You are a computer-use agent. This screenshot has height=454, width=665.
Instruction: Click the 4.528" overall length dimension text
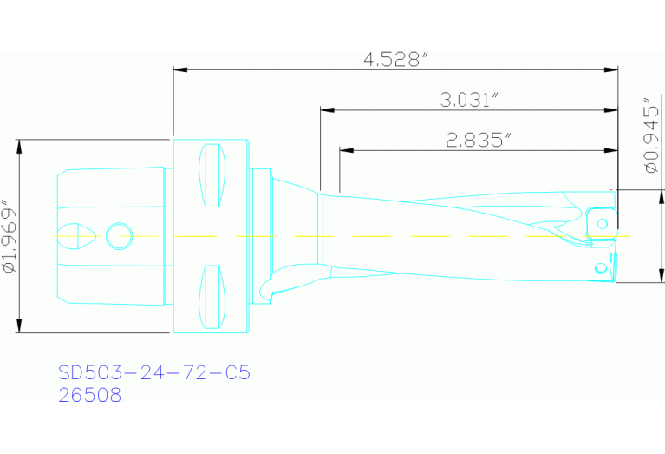pyautogui.click(x=396, y=60)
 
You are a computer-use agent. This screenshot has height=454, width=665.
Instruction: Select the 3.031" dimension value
pyautogui.click(x=468, y=100)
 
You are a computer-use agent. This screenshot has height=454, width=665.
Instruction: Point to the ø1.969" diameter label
pyautogui.click(x=10, y=237)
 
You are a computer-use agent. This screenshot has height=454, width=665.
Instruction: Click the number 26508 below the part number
pyautogui.click(x=89, y=395)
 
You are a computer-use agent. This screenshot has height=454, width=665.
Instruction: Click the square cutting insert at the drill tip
pyautogui.click(x=601, y=223)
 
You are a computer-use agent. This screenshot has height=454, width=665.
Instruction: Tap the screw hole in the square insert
pyautogui.click(x=603, y=224)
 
